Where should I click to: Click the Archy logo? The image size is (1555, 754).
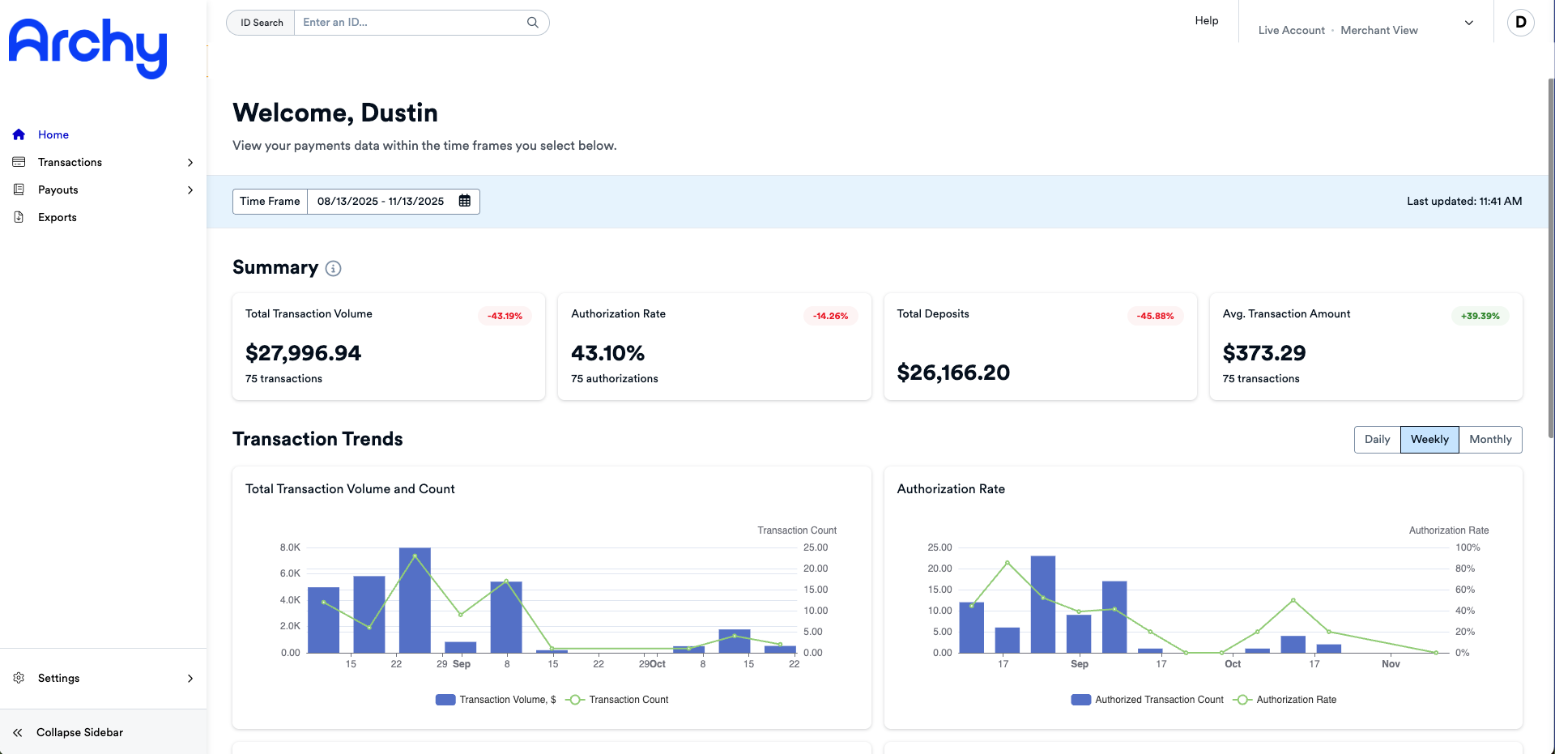(x=87, y=48)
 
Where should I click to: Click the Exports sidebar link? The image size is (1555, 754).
(x=57, y=217)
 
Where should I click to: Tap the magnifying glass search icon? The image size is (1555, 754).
(x=533, y=23)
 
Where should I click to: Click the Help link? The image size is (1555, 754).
(x=1207, y=20)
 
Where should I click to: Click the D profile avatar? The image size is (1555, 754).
(x=1520, y=23)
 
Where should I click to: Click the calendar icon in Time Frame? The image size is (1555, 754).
(x=465, y=201)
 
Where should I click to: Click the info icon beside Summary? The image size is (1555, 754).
(x=333, y=268)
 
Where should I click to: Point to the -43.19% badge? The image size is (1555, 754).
(x=505, y=316)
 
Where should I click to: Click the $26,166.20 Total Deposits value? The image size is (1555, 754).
(x=953, y=373)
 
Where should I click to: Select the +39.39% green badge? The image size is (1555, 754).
(x=1480, y=316)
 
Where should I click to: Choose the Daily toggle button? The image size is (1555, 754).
(x=1377, y=440)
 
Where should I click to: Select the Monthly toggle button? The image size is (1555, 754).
(x=1490, y=440)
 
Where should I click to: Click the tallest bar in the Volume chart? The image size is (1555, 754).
(x=415, y=600)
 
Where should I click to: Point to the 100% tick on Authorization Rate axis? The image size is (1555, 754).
(x=1468, y=547)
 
